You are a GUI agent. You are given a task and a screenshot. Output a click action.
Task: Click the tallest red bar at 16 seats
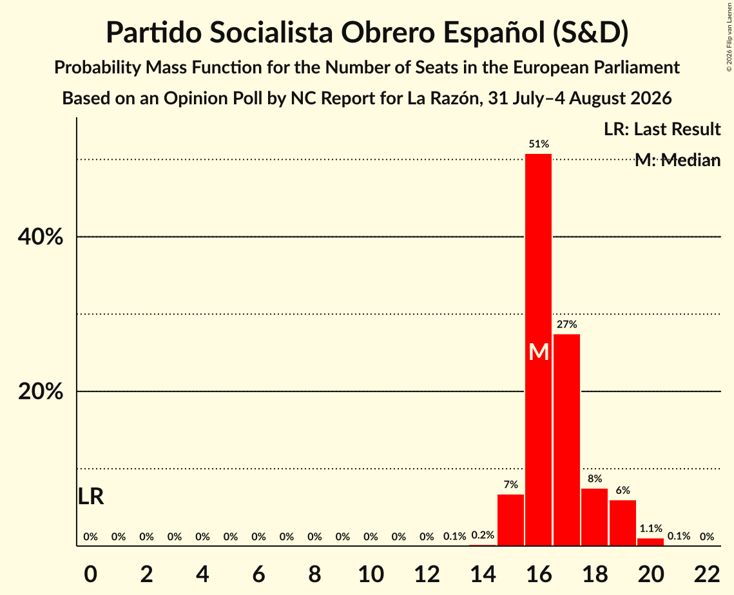(x=538, y=350)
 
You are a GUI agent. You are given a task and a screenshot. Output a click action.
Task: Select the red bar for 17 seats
(x=566, y=440)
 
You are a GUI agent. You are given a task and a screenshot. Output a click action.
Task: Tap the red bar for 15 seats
(x=510, y=520)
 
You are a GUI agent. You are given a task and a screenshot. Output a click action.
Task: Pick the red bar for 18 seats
(x=595, y=517)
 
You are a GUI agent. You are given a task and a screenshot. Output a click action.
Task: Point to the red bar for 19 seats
(x=623, y=523)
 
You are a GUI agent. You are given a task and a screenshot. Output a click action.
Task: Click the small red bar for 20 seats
(x=651, y=542)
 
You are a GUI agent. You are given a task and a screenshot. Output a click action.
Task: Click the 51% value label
(x=539, y=144)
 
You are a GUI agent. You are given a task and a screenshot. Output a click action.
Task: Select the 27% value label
(x=567, y=324)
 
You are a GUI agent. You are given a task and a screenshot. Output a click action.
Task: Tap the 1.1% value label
(x=651, y=528)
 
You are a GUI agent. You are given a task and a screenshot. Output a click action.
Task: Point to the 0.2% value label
(x=483, y=534)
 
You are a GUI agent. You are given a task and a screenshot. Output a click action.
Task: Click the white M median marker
(x=539, y=352)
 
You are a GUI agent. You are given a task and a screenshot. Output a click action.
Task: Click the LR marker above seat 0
(x=91, y=496)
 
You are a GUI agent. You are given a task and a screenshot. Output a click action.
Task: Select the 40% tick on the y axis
(x=40, y=237)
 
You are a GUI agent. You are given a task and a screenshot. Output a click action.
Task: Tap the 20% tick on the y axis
(x=40, y=391)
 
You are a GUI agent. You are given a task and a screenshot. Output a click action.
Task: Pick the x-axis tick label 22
(x=707, y=574)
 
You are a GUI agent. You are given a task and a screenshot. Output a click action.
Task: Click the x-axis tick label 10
(x=371, y=574)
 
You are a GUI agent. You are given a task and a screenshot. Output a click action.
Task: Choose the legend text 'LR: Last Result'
(x=662, y=129)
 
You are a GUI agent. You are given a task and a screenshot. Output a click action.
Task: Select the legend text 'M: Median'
(x=677, y=160)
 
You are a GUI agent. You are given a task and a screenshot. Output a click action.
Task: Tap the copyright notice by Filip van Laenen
(x=729, y=37)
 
